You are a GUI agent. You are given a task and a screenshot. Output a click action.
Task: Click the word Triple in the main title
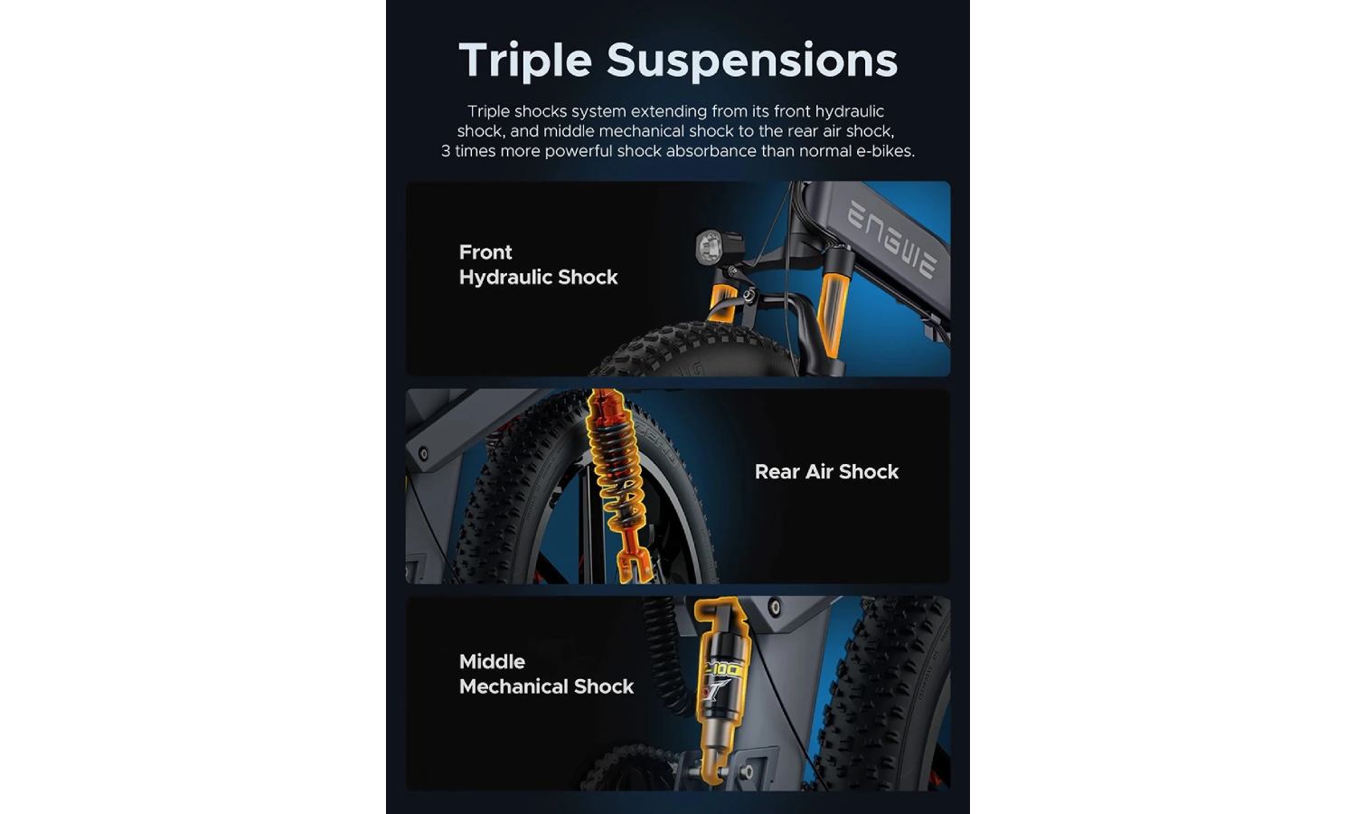525,61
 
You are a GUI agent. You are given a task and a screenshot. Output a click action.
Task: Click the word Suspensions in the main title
752,61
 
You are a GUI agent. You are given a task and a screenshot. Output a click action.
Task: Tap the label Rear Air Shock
826,472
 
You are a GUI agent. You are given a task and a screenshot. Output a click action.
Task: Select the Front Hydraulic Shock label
538,265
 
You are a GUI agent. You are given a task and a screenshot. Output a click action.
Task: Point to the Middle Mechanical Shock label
546,674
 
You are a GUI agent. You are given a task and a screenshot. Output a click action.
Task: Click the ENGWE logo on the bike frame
892,240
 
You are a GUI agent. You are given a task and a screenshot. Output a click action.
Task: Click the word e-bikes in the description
885,151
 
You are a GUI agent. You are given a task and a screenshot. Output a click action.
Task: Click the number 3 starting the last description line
446,151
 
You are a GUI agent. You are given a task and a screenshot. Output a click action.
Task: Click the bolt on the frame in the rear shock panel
423,454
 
